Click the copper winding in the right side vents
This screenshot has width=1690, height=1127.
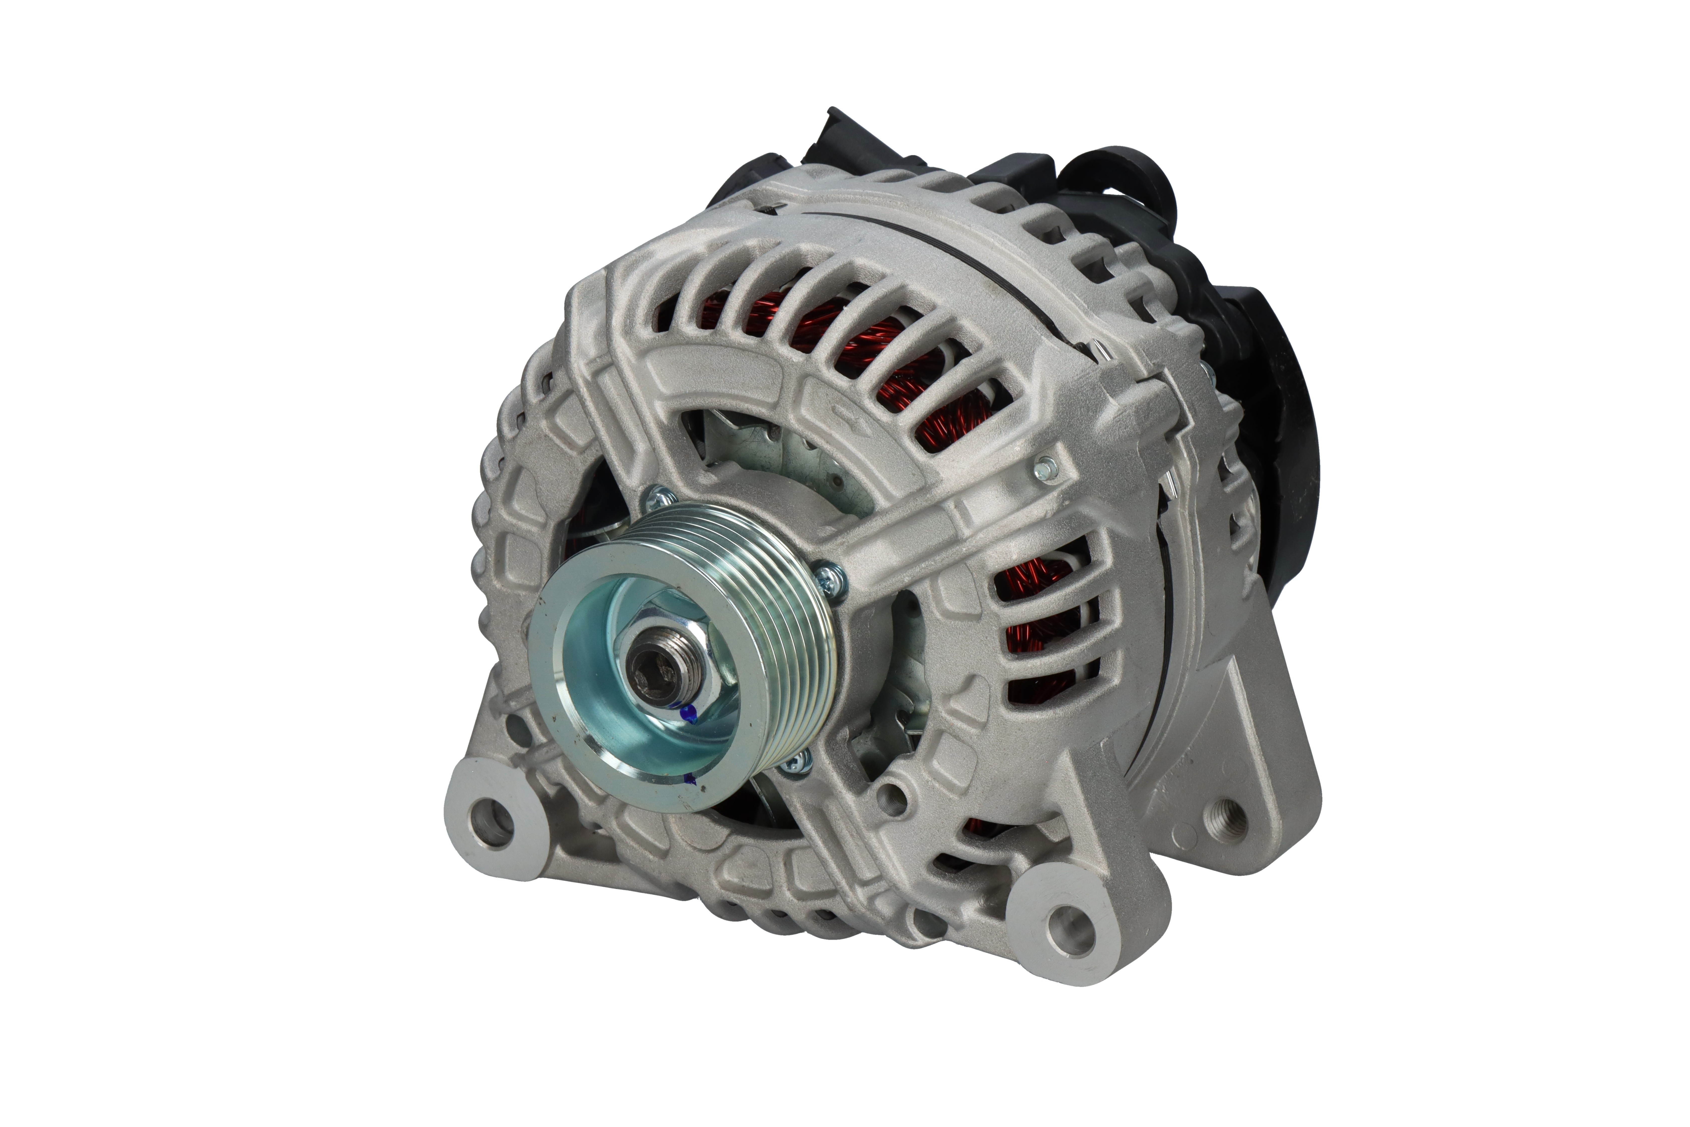(x=1035, y=618)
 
